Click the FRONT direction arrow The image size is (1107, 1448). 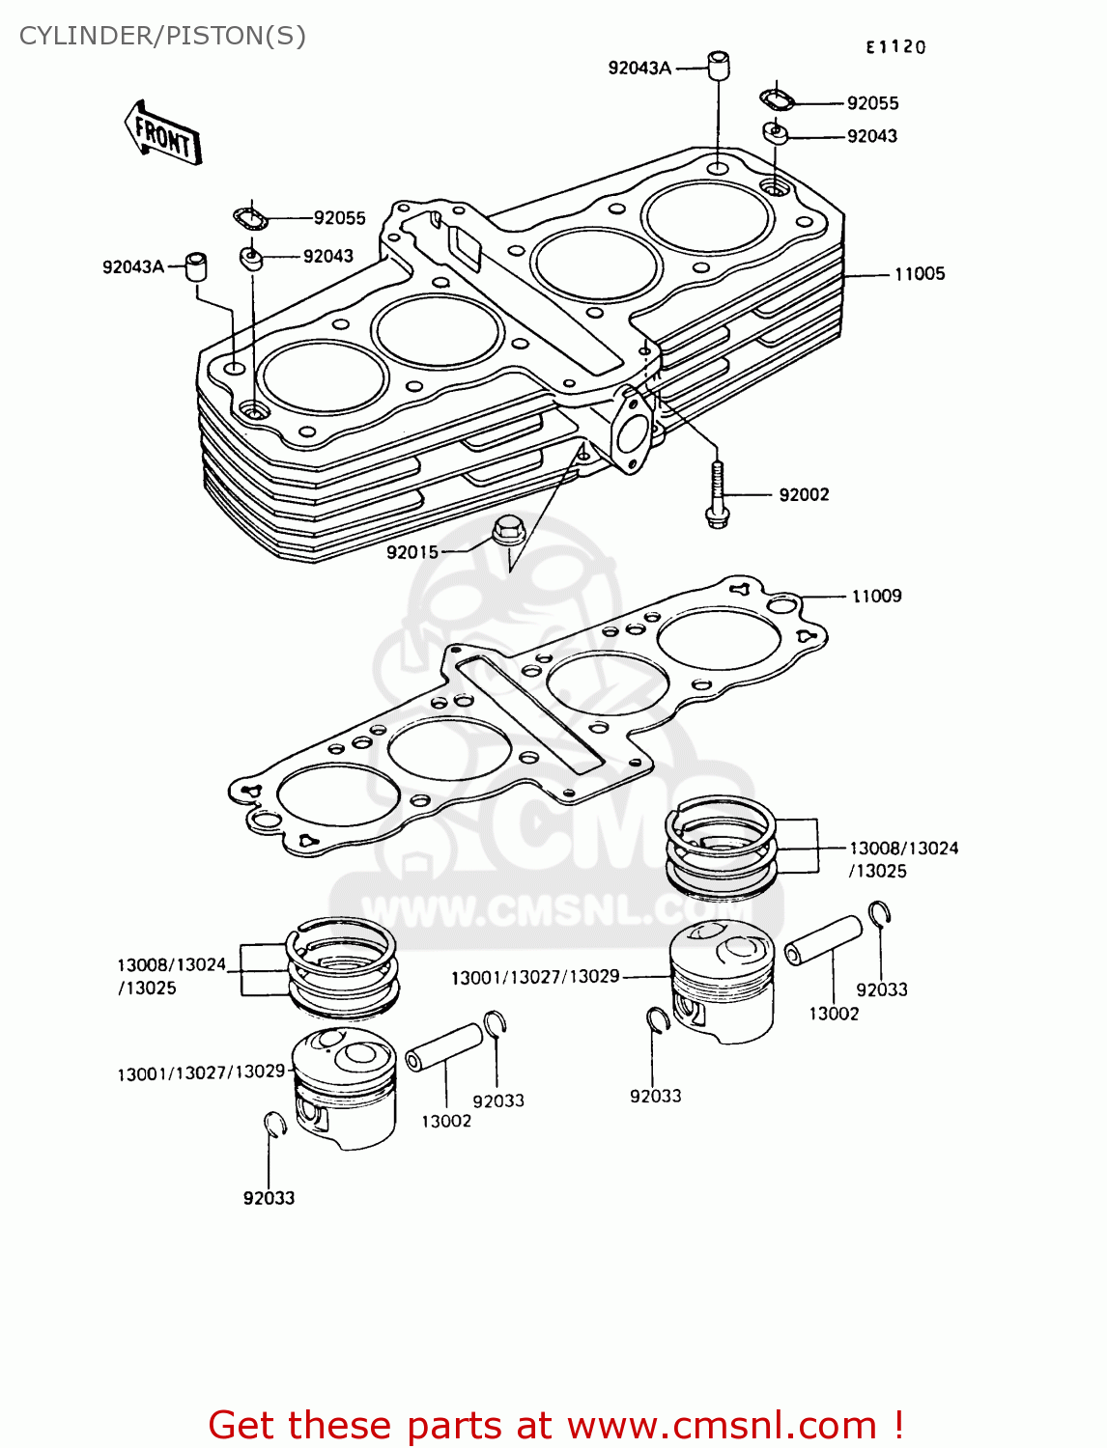click(162, 134)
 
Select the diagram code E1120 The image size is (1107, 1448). click(894, 47)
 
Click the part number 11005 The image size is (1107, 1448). click(919, 274)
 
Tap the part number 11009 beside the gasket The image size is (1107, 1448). click(876, 597)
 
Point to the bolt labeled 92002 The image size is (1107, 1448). click(716, 493)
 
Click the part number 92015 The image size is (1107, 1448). click(412, 552)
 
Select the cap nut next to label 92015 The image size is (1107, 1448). click(507, 530)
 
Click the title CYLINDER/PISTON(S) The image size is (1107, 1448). click(162, 36)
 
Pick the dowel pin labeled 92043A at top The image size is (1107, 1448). click(718, 66)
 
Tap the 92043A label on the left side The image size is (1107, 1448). click(133, 267)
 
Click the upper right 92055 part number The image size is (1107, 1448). click(872, 103)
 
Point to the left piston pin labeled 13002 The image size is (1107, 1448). click(443, 1046)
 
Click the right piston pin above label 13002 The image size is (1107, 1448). click(822, 939)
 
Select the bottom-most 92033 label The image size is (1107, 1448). click(269, 1198)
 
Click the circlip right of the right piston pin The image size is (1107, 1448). click(879, 913)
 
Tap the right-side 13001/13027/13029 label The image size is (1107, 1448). click(535, 977)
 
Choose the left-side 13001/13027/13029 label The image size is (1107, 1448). click(201, 1072)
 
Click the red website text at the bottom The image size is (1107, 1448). click(556, 1425)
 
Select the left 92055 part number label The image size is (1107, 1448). click(339, 218)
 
